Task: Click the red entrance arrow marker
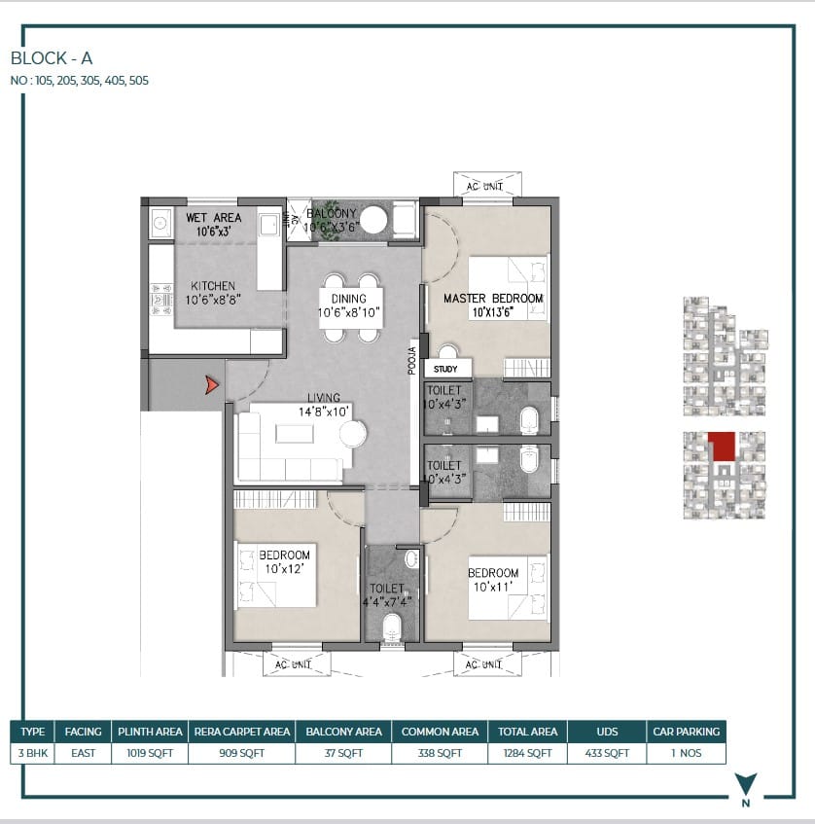[212, 385]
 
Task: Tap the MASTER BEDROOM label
[493, 299]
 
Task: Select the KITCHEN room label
[213, 286]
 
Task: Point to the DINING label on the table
[349, 299]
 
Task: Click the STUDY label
[445, 369]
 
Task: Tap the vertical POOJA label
[412, 361]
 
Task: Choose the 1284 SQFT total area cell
[527, 753]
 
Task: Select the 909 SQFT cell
[242, 753]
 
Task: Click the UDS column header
[607, 732]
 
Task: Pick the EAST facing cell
[83, 753]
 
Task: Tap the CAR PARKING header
[687, 732]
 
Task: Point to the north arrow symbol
[746, 783]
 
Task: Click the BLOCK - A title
[52, 57]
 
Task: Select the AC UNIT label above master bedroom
[484, 187]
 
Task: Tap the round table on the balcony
[373, 220]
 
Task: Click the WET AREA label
[213, 218]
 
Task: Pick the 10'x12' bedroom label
[284, 568]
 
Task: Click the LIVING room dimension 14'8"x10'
[324, 412]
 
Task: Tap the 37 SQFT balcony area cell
[343, 753]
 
